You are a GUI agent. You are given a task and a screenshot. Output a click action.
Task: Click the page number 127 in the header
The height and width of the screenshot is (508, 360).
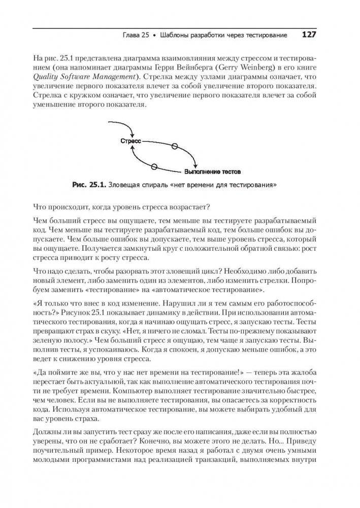click(309, 35)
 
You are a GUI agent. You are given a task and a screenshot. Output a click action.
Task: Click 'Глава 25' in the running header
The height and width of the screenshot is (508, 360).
click(137, 36)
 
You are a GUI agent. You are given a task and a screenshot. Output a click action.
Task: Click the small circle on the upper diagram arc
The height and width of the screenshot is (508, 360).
click(175, 146)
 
